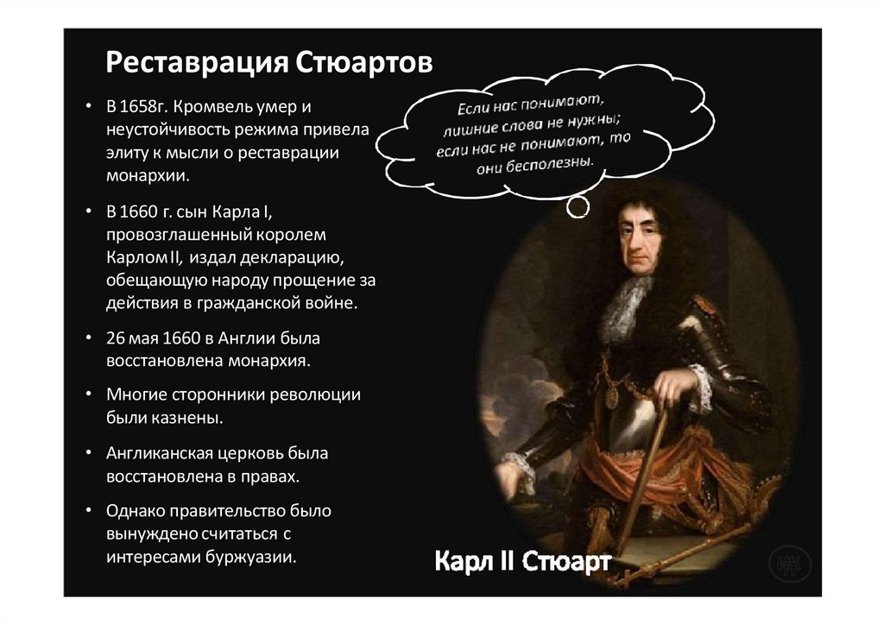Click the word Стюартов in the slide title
click(363, 65)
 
